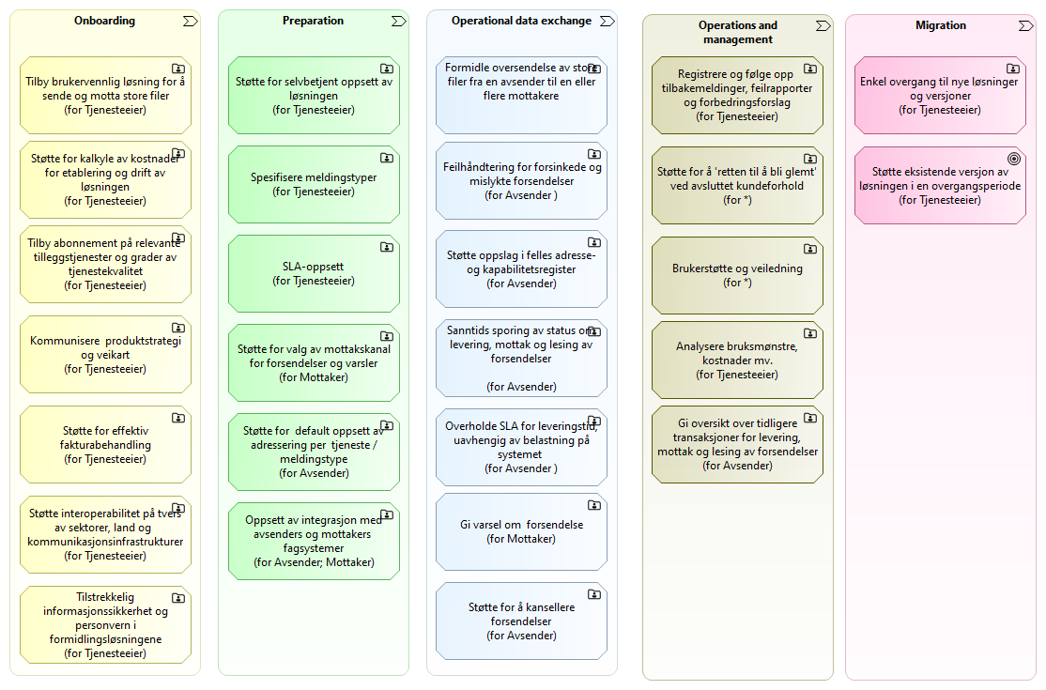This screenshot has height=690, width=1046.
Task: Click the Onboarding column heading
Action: [105, 21]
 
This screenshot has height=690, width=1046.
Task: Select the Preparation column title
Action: [313, 21]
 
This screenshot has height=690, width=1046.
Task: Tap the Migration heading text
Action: [941, 25]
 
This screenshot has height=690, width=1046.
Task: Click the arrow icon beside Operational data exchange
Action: [608, 22]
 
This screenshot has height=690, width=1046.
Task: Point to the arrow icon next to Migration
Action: [1026, 26]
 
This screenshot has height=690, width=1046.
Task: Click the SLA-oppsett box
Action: [314, 273]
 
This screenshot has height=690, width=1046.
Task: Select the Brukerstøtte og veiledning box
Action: [737, 275]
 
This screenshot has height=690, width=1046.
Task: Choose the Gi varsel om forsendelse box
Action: [522, 532]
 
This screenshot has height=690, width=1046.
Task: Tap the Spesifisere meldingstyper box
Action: [314, 184]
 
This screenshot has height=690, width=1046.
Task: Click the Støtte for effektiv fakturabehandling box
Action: [105, 445]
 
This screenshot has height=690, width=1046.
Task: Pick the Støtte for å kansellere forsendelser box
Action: [522, 621]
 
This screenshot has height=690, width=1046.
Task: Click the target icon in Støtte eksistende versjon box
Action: [1014, 159]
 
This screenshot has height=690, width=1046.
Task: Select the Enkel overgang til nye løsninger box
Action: [940, 96]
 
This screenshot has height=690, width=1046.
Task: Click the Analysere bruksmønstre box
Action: [737, 360]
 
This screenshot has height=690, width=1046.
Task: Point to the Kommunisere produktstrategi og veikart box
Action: [105, 355]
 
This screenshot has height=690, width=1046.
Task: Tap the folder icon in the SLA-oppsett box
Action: [386, 247]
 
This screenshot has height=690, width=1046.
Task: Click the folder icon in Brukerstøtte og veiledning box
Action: [809, 250]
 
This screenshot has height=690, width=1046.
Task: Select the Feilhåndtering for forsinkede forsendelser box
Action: [522, 180]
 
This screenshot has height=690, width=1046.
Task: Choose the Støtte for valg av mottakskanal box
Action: [314, 363]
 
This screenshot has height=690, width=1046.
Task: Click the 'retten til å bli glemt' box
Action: [737, 185]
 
